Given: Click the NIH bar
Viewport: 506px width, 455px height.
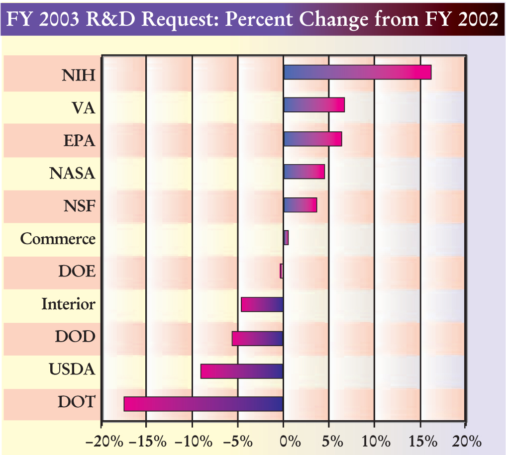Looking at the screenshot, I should tap(357, 72).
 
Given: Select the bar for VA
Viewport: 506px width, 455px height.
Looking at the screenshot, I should tap(314, 105).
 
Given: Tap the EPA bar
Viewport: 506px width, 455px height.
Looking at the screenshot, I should tap(312, 139).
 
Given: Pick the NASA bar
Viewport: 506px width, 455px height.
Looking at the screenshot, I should tap(304, 172).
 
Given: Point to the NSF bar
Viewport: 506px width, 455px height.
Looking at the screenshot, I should tap(300, 205).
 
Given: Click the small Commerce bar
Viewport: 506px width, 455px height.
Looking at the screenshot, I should tap(286, 238).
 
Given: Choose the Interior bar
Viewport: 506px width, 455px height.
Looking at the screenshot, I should tap(262, 304).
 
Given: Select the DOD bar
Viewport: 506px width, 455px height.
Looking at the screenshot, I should tap(258, 338).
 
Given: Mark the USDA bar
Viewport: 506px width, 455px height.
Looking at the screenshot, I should tap(242, 371).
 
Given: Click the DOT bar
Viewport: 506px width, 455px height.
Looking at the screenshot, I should tap(203, 404).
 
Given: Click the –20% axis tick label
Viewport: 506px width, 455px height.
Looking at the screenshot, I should tap(101, 441).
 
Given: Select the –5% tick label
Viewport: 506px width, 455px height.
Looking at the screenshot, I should tap(236, 441).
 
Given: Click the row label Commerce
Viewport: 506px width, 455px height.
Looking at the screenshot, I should tap(58, 239).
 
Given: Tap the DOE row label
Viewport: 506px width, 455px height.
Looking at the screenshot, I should tap(76, 272).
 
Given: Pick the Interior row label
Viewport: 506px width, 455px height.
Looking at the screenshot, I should tap(68, 304).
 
